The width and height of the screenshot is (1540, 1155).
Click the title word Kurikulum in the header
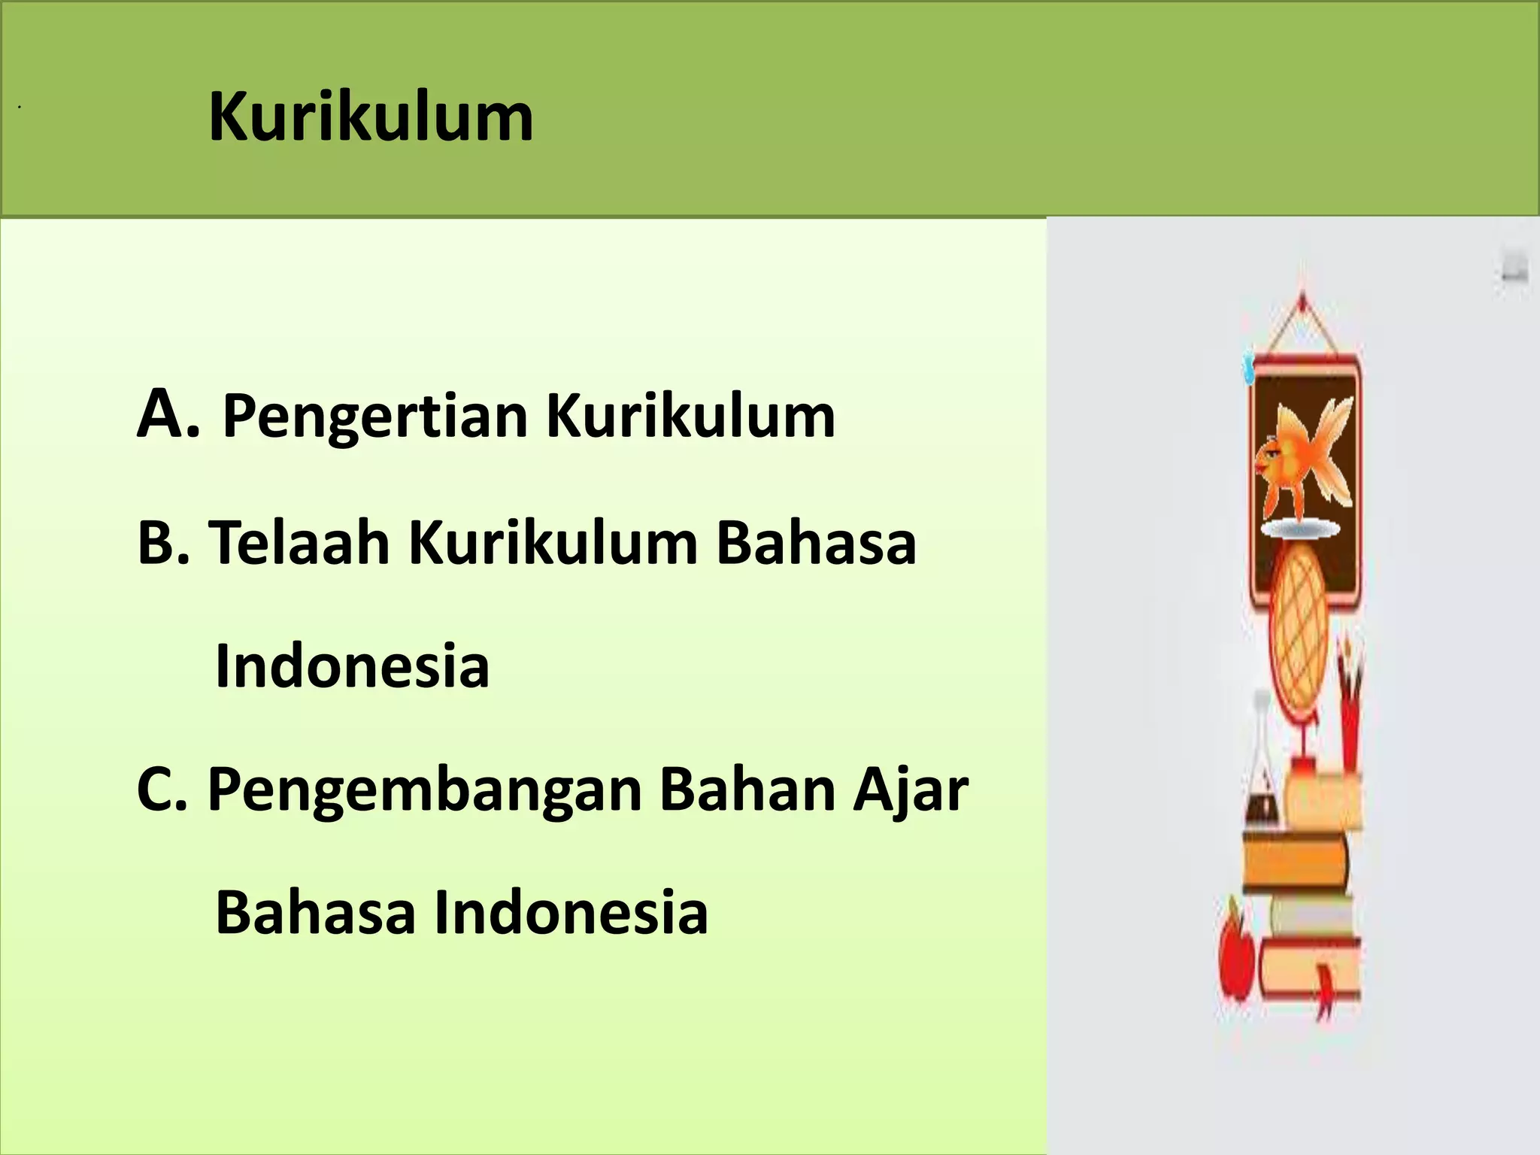(371, 118)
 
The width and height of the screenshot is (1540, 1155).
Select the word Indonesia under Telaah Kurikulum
(352, 665)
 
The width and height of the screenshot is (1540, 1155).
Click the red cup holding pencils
(1351, 722)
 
